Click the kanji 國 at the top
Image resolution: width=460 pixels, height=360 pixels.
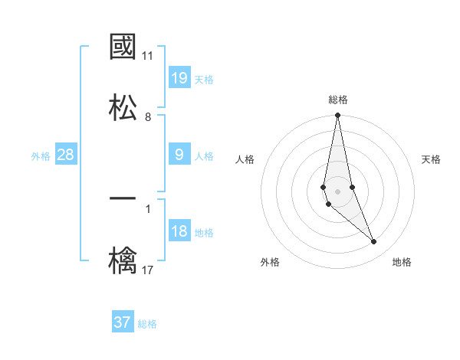tap(123, 47)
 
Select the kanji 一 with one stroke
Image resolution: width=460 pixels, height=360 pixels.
tap(123, 198)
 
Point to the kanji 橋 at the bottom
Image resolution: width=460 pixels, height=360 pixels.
tap(123, 260)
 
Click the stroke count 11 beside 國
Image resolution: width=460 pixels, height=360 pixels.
tap(148, 56)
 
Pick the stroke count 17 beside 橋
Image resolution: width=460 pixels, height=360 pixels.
tap(148, 269)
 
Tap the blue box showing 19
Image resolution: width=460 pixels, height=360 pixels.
tap(179, 78)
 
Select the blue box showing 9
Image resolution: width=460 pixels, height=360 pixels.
tap(179, 155)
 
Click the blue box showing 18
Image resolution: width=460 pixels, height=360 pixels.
tap(179, 231)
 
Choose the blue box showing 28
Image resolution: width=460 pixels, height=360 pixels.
tap(66, 155)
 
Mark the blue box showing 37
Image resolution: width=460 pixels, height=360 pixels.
tap(123, 322)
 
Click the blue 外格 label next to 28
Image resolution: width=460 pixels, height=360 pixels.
tap(41, 156)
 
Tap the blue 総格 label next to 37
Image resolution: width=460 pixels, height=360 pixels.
tap(147, 324)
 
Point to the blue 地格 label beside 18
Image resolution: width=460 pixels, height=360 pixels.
tap(204, 233)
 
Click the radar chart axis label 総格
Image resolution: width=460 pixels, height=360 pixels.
tap(338, 100)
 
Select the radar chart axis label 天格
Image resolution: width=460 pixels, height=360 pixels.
tap(432, 159)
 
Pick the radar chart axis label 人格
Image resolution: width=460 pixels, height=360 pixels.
tap(245, 159)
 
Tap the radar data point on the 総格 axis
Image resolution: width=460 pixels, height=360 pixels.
tap(337, 116)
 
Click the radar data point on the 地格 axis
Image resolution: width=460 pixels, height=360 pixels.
tap(374, 242)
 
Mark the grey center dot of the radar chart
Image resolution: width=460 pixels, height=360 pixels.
tap(337, 191)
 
